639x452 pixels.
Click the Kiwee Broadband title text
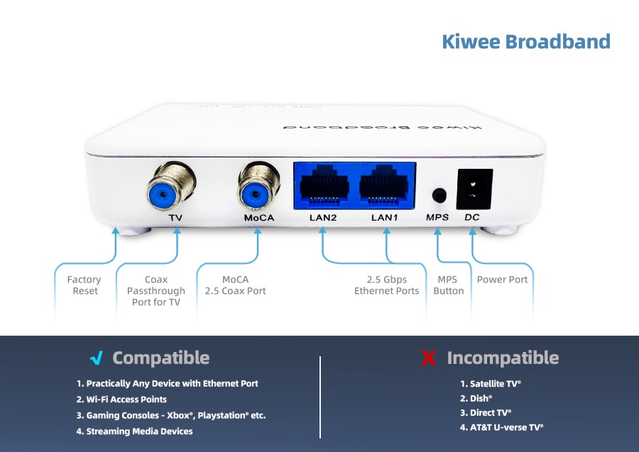coord(525,41)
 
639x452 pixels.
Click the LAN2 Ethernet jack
coord(324,186)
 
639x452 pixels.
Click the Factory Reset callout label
coord(84,285)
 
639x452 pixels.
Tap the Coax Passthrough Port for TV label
coord(156,291)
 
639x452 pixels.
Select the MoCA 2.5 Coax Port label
coord(235,285)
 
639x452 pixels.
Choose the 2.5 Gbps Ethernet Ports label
coord(387,285)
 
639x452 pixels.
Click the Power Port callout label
coord(502,280)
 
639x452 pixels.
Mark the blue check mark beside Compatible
coord(97,358)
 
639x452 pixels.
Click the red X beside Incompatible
coord(428,358)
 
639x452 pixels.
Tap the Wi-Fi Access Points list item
coord(121,399)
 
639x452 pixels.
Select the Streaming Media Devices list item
coord(134,431)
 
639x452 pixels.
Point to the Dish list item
coord(476,399)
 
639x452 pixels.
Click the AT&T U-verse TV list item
coord(501,427)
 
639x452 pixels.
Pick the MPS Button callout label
coord(449,285)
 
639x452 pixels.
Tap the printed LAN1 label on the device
coord(384,217)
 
